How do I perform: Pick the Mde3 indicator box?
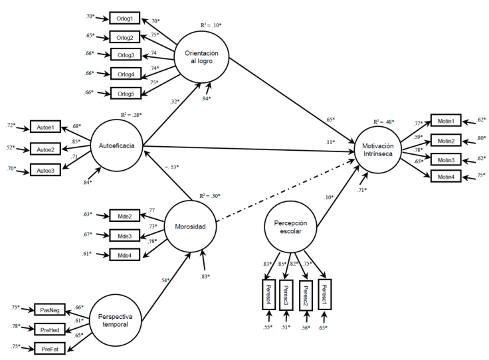[124, 236]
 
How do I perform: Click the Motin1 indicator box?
[445, 121]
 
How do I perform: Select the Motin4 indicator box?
[445, 176]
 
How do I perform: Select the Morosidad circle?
[191, 227]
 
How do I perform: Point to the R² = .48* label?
[383, 122]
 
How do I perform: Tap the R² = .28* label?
[131, 115]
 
